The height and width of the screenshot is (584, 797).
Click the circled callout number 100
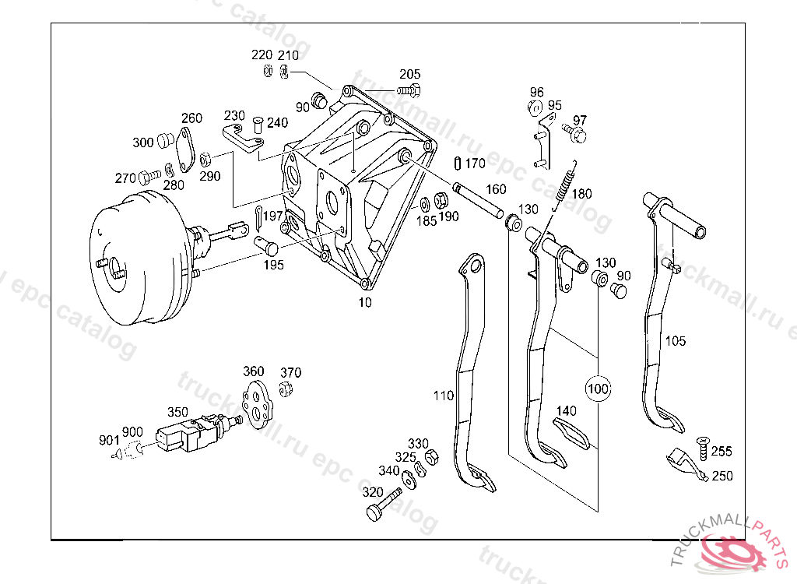click(x=598, y=389)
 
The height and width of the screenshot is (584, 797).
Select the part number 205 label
click(x=409, y=74)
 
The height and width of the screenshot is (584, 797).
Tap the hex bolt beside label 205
click(x=409, y=92)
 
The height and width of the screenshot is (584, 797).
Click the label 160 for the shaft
click(x=496, y=189)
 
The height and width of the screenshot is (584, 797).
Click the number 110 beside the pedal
click(x=443, y=396)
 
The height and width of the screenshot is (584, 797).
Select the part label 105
click(x=675, y=341)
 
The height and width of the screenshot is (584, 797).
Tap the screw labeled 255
click(x=703, y=448)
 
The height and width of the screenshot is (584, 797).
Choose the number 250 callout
click(x=722, y=476)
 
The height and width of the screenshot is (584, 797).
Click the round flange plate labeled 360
click(x=257, y=403)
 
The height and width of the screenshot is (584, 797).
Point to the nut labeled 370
click(x=286, y=389)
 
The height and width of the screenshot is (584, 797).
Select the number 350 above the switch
click(x=178, y=412)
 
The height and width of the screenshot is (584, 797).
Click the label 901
click(x=109, y=439)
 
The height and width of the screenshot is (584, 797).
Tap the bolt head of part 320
click(x=375, y=512)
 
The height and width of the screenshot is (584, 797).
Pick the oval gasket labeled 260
click(x=184, y=150)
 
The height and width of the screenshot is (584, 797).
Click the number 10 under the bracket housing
click(x=365, y=302)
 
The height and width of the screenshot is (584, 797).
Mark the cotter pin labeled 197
click(x=259, y=216)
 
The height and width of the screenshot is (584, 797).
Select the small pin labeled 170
click(x=457, y=164)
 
